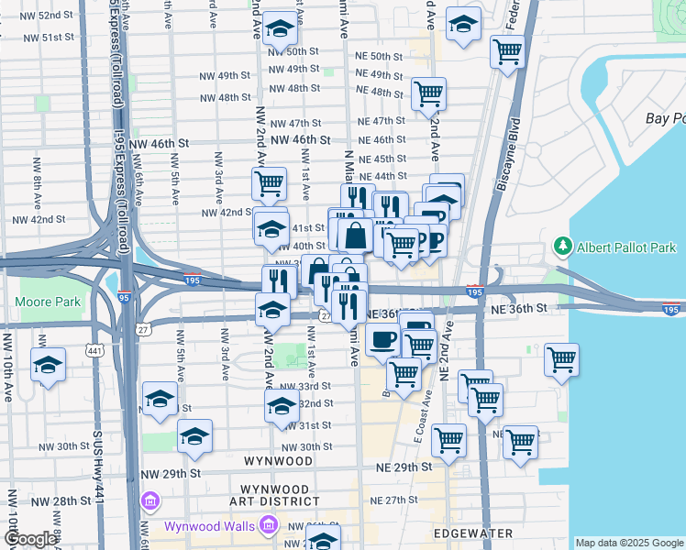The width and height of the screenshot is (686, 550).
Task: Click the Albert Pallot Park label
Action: [626, 247]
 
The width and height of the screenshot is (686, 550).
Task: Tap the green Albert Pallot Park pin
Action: [562, 247]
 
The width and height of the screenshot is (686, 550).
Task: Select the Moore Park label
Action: [48, 302]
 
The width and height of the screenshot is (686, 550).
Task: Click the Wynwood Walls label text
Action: [210, 526]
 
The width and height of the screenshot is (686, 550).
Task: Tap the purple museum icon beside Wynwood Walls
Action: [269, 525]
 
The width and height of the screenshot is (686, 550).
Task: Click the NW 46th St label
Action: [158, 144]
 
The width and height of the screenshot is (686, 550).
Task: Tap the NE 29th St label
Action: [404, 467]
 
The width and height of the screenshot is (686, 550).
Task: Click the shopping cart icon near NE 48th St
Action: [428, 93]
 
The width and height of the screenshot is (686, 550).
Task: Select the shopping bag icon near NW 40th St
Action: [355, 235]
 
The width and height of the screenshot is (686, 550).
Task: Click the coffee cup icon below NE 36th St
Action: [383, 339]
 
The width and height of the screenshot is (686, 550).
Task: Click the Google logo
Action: [30, 540]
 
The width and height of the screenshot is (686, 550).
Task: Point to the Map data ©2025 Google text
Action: [628, 543]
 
